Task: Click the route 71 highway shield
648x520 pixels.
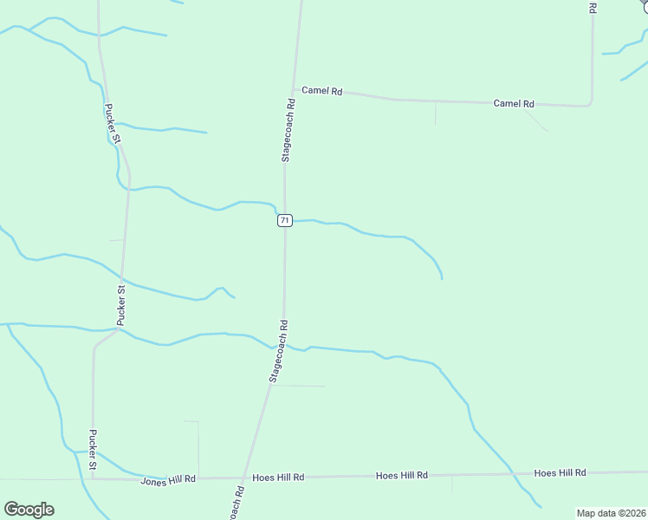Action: pyautogui.click(x=284, y=221)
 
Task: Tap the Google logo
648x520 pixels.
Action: pyautogui.click(x=29, y=510)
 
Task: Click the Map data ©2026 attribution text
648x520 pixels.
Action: pyautogui.click(x=612, y=513)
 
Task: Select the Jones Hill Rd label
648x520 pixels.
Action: pyautogui.click(x=168, y=478)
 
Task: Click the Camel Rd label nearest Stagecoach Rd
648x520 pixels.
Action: pyautogui.click(x=322, y=91)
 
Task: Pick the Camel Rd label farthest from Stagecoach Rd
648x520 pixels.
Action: pyautogui.click(x=514, y=103)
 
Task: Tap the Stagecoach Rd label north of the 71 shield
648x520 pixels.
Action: pyautogui.click(x=288, y=130)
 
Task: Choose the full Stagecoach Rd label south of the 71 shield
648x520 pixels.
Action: pyautogui.click(x=278, y=351)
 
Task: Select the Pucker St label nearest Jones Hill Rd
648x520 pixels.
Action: pyautogui.click(x=93, y=451)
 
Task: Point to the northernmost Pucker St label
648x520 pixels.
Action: pyautogui.click(x=112, y=124)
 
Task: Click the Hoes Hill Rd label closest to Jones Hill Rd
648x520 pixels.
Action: pyautogui.click(x=278, y=478)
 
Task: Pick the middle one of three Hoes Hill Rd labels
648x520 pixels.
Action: pyautogui.click(x=402, y=476)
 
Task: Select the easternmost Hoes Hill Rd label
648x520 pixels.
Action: pyautogui.click(x=560, y=473)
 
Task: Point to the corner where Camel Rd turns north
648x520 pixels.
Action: pyautogui.click(x=590, y=104)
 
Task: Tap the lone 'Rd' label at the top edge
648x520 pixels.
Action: pyautogui.click(x=593, y=7)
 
